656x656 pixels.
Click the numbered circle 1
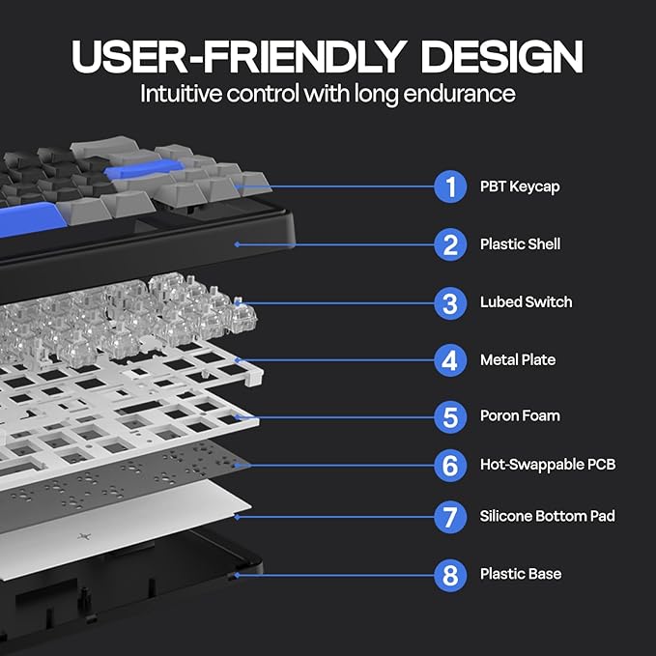(x=450, y=186)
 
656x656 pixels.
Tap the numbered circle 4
(x=450, y=360)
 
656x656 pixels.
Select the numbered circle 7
(x=450, y=517)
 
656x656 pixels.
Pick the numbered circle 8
(x=450, y=575)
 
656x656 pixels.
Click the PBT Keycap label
(x=520, y=187)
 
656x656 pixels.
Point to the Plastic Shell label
(x=520, y=244)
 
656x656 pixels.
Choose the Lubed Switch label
(x=526, y=302)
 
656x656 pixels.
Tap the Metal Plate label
(x=518, y=359)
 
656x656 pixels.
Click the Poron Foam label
(x=520, y=415)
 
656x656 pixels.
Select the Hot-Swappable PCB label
(x=548, y=465)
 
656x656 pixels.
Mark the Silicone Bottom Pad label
(x=547, y=516)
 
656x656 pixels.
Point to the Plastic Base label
(x=521, y=574)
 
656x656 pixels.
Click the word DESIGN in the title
(x=501, y=57)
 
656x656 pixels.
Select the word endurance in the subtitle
(x=459, y=94)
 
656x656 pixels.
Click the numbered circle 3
(x=450, y=303)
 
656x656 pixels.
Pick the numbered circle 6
(x=450, y=466)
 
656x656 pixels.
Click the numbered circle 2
(x=450, y=244)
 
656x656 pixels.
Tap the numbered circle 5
(x=450, y=417)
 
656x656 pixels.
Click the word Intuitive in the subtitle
(x=181, y=94)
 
